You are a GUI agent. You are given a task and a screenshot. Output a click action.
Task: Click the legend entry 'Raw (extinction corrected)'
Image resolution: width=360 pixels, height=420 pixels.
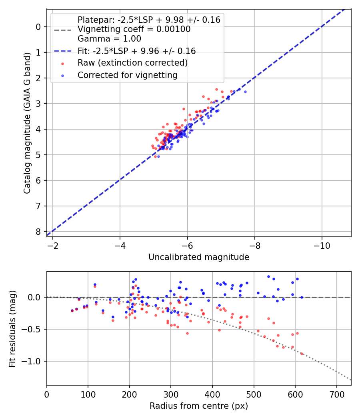click(x=132, y=63)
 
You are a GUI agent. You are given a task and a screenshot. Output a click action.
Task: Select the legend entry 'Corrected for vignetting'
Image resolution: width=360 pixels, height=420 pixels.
click(x=127, y=75)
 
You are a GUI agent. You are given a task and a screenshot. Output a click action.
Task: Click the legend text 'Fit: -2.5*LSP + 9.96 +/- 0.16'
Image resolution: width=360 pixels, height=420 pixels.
click(x=136, y=51)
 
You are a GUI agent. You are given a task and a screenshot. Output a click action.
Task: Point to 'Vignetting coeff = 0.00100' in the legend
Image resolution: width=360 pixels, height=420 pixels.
click(x=134, y=29)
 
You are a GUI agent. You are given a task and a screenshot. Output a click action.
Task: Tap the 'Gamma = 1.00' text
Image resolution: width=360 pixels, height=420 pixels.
click(x=109, y=39)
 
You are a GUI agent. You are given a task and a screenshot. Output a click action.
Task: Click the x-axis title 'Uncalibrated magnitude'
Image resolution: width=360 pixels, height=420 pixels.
click(x=199, y=257)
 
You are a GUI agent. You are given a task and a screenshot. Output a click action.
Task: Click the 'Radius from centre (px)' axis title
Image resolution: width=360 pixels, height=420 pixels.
click(x=199, y=406)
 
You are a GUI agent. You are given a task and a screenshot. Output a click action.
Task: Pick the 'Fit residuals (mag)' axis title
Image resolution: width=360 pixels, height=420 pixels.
click(x=13, y=329)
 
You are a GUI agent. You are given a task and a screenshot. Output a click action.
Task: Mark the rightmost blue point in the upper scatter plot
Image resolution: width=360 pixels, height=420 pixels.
click(x=245, y=92)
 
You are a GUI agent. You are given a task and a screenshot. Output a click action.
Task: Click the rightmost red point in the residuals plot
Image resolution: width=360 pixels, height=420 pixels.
click(x=302, y=354)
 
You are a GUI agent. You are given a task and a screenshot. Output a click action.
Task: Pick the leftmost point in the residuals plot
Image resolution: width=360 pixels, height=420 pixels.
click(x=72, y=310)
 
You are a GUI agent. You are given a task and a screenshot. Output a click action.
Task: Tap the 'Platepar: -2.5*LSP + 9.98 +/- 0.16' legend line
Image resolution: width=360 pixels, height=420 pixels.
click(x=149, y=20)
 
